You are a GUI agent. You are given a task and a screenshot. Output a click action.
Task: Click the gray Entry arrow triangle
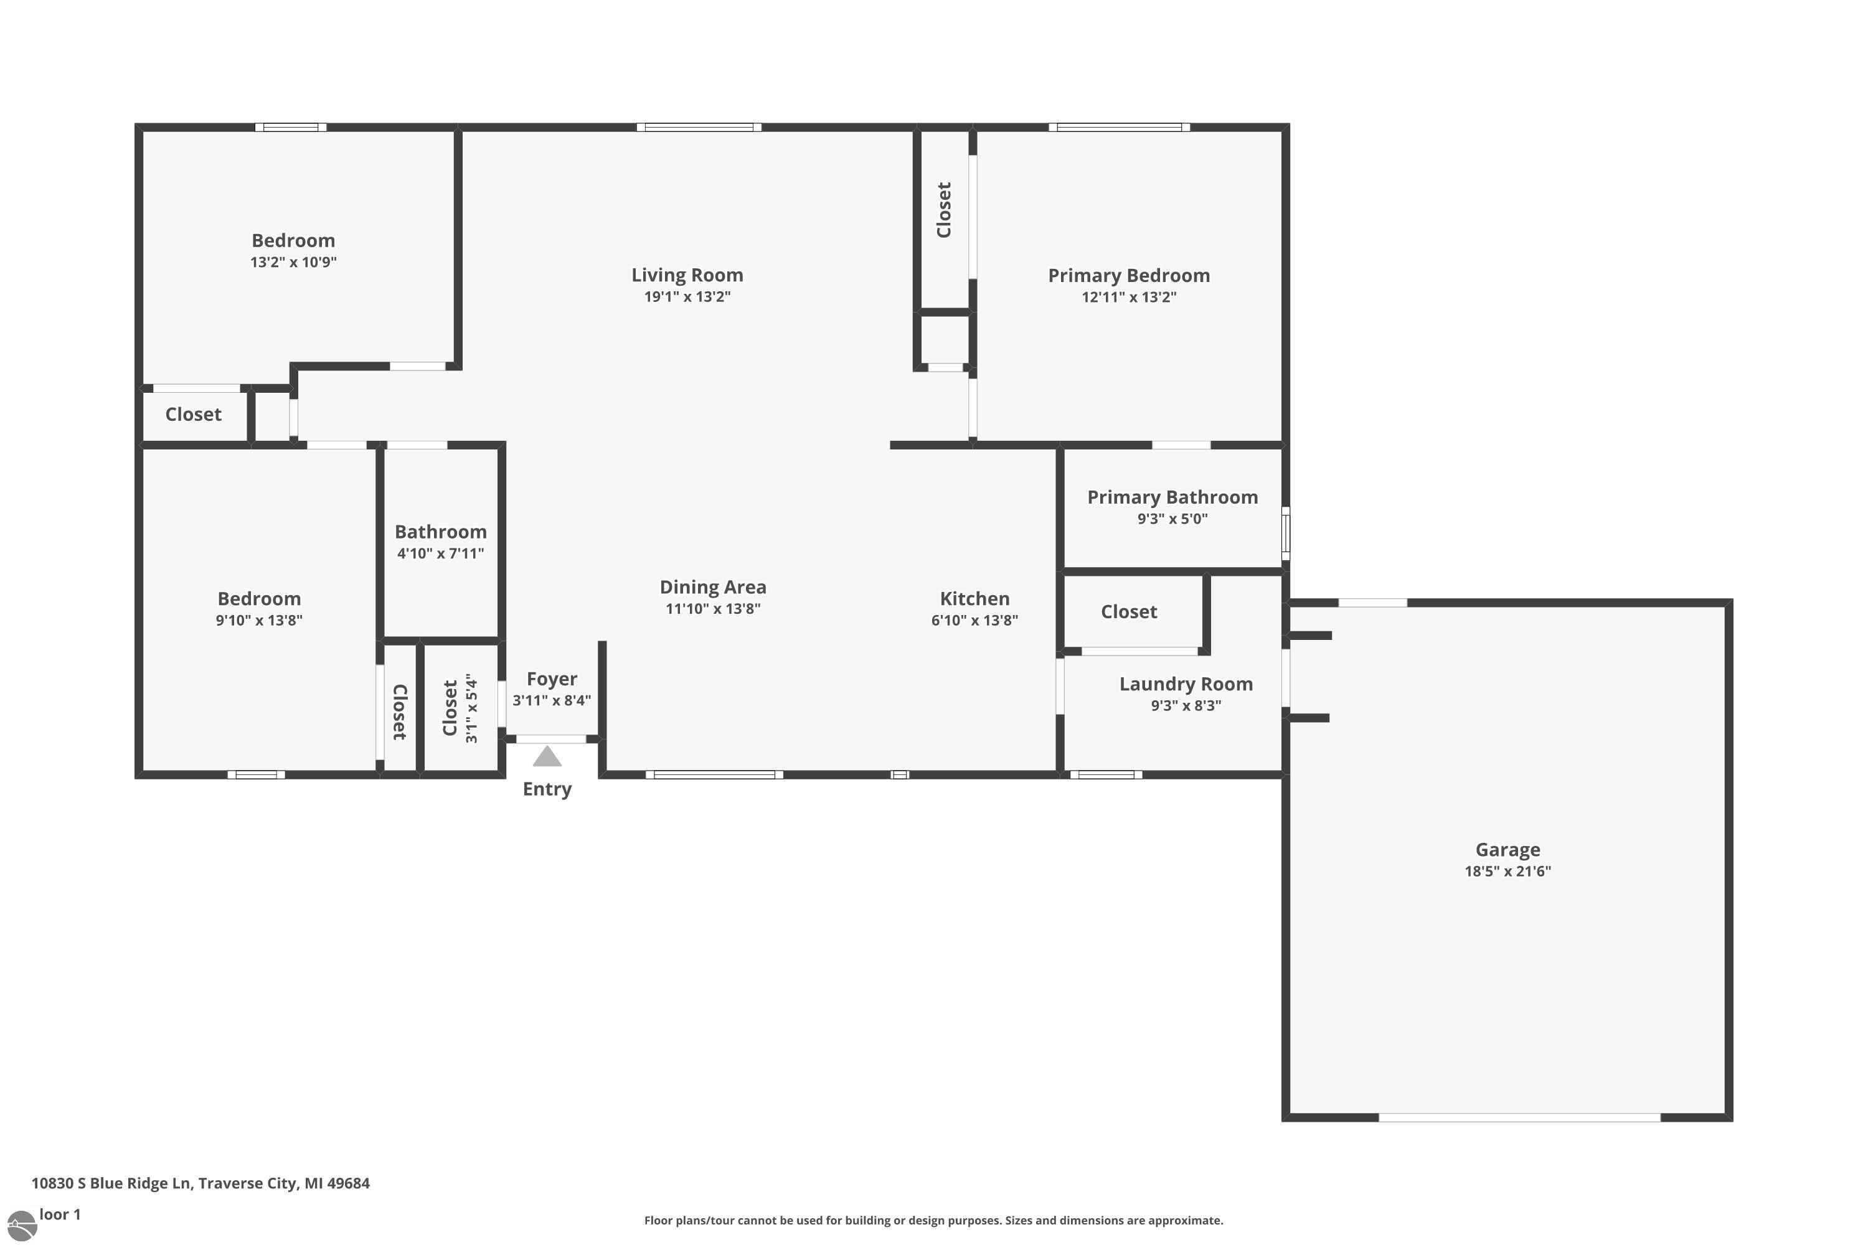(x=547, y=757)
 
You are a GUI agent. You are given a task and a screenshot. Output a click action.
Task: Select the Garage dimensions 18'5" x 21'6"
(x=1507, y=871)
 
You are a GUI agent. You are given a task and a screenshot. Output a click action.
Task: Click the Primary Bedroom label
(x=1128, y=276)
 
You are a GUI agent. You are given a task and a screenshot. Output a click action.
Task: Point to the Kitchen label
(x=974, y=599)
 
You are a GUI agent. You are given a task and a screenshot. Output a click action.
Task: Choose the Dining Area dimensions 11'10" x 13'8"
(x=712, y=609)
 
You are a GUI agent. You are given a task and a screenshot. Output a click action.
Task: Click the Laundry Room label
(x=1186, y=684)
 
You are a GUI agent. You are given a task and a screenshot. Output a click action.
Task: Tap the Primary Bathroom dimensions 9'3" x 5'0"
(x=1172, y=519)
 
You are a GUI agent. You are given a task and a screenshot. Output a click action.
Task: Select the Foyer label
(x=551, y=680)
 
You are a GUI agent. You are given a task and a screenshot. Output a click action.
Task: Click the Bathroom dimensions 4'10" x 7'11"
(x=440, y=553)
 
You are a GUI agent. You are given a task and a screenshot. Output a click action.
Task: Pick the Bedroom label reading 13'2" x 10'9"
(x=293, y=240)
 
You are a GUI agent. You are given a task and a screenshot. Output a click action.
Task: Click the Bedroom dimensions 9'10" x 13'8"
(x=259, y=620)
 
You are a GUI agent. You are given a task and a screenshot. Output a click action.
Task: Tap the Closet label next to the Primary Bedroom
(x=943, y=210)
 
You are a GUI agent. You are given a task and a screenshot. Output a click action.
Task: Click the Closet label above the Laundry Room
(x=1128, y=611)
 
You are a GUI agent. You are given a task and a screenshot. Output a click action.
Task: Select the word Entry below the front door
(x=547, y=789)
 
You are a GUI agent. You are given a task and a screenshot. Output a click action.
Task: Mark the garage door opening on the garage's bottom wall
(x=1519, y=1118)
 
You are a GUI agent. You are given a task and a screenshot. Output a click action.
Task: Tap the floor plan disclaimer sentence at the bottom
(x=933, y=1220)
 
